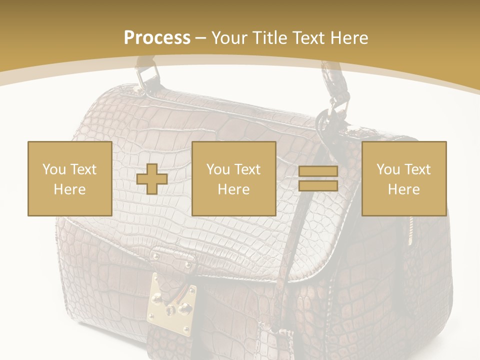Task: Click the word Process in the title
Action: (x=157, y=37)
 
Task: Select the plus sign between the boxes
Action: (x=152, y=179)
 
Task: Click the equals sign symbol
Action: (x=318, y=178)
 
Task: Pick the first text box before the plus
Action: (x=69, y=178)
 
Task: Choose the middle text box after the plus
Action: (x=233, y=178)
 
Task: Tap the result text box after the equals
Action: (x=403, y=178)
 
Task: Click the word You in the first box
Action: (x=54, y=169)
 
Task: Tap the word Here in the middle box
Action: (x=233, y=189)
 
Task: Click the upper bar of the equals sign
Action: (x=318, y=171)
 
